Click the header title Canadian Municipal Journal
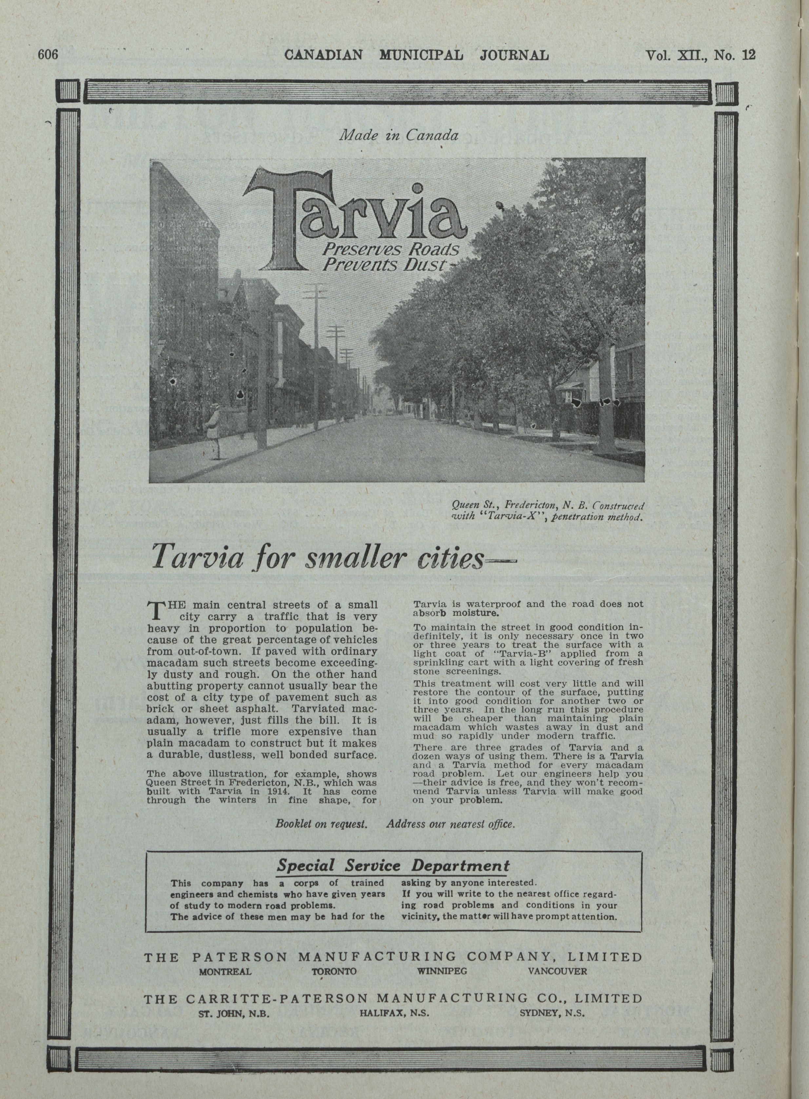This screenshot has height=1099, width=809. coord(416,55)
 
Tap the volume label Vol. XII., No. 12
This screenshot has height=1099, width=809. coord(700,55)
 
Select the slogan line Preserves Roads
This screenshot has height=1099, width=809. coord(390,250)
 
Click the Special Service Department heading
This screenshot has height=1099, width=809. coord(393,865)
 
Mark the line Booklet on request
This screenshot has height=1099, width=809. coord(321,824)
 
